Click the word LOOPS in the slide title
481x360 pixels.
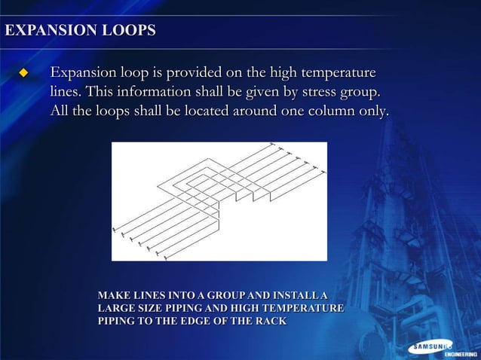(x=129, y=32)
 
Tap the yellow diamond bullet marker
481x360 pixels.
(x=23, y=74)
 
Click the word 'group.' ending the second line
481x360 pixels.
(x=353, y=93)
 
